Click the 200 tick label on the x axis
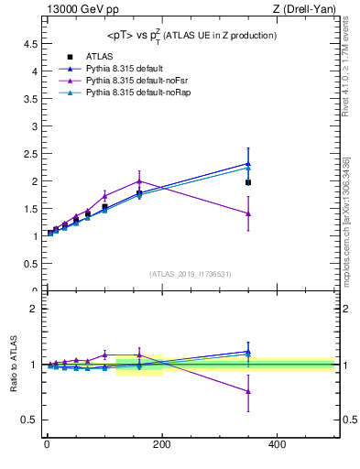(161, 444)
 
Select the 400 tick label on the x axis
(277, 444)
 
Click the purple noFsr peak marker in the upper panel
(139, 180)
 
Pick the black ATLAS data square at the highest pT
(248, 182)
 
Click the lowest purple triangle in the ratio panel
(248, 391)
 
